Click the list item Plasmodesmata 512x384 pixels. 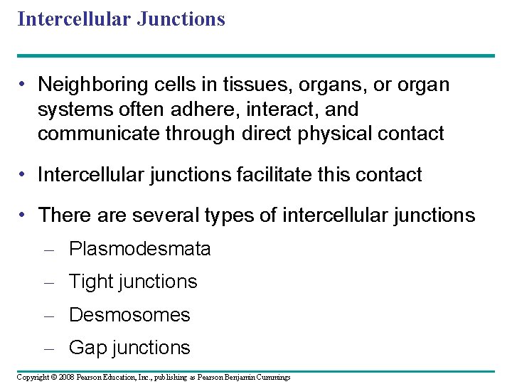139,249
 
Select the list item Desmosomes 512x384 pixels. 129,314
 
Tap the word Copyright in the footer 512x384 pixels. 33,377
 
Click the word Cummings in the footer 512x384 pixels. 273,377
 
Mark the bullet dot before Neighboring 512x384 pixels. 24,85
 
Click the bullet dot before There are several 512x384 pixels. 24,215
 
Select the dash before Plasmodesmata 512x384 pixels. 49,250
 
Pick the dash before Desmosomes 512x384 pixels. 49,315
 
